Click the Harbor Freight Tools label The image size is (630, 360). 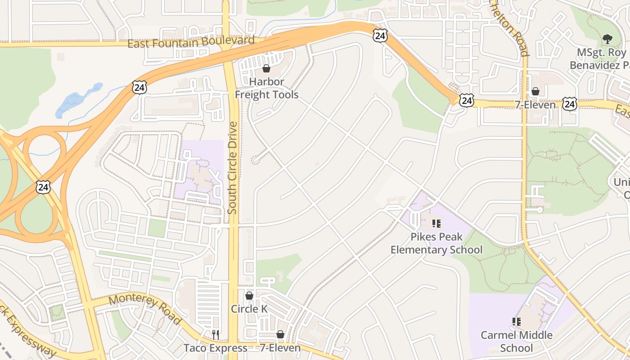(x=266, y=88)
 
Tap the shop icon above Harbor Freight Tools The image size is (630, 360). (x=266, y=68)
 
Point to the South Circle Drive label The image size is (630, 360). (x=232, y=167)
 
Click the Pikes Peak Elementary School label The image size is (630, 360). (x=436, y=243)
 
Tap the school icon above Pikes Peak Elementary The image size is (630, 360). (x=436, y=223)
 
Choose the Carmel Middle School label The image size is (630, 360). (x=516, y=341)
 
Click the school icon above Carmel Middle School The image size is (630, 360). (x=517, y=321)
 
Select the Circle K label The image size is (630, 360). (x=249, y=309)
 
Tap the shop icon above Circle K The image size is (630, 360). (x=249, y=296)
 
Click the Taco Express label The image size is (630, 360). (x=215, y=348)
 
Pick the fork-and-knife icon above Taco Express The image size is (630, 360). (x=216, y=334)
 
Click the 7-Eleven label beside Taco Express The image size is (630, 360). (x=280, y=348)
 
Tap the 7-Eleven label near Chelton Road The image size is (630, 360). (x=535, y=105)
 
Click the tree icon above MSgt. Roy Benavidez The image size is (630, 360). (x=607, y=39)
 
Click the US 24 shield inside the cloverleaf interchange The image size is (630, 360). (x=44, y=187)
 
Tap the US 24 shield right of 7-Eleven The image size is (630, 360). (x=570, y=104)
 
